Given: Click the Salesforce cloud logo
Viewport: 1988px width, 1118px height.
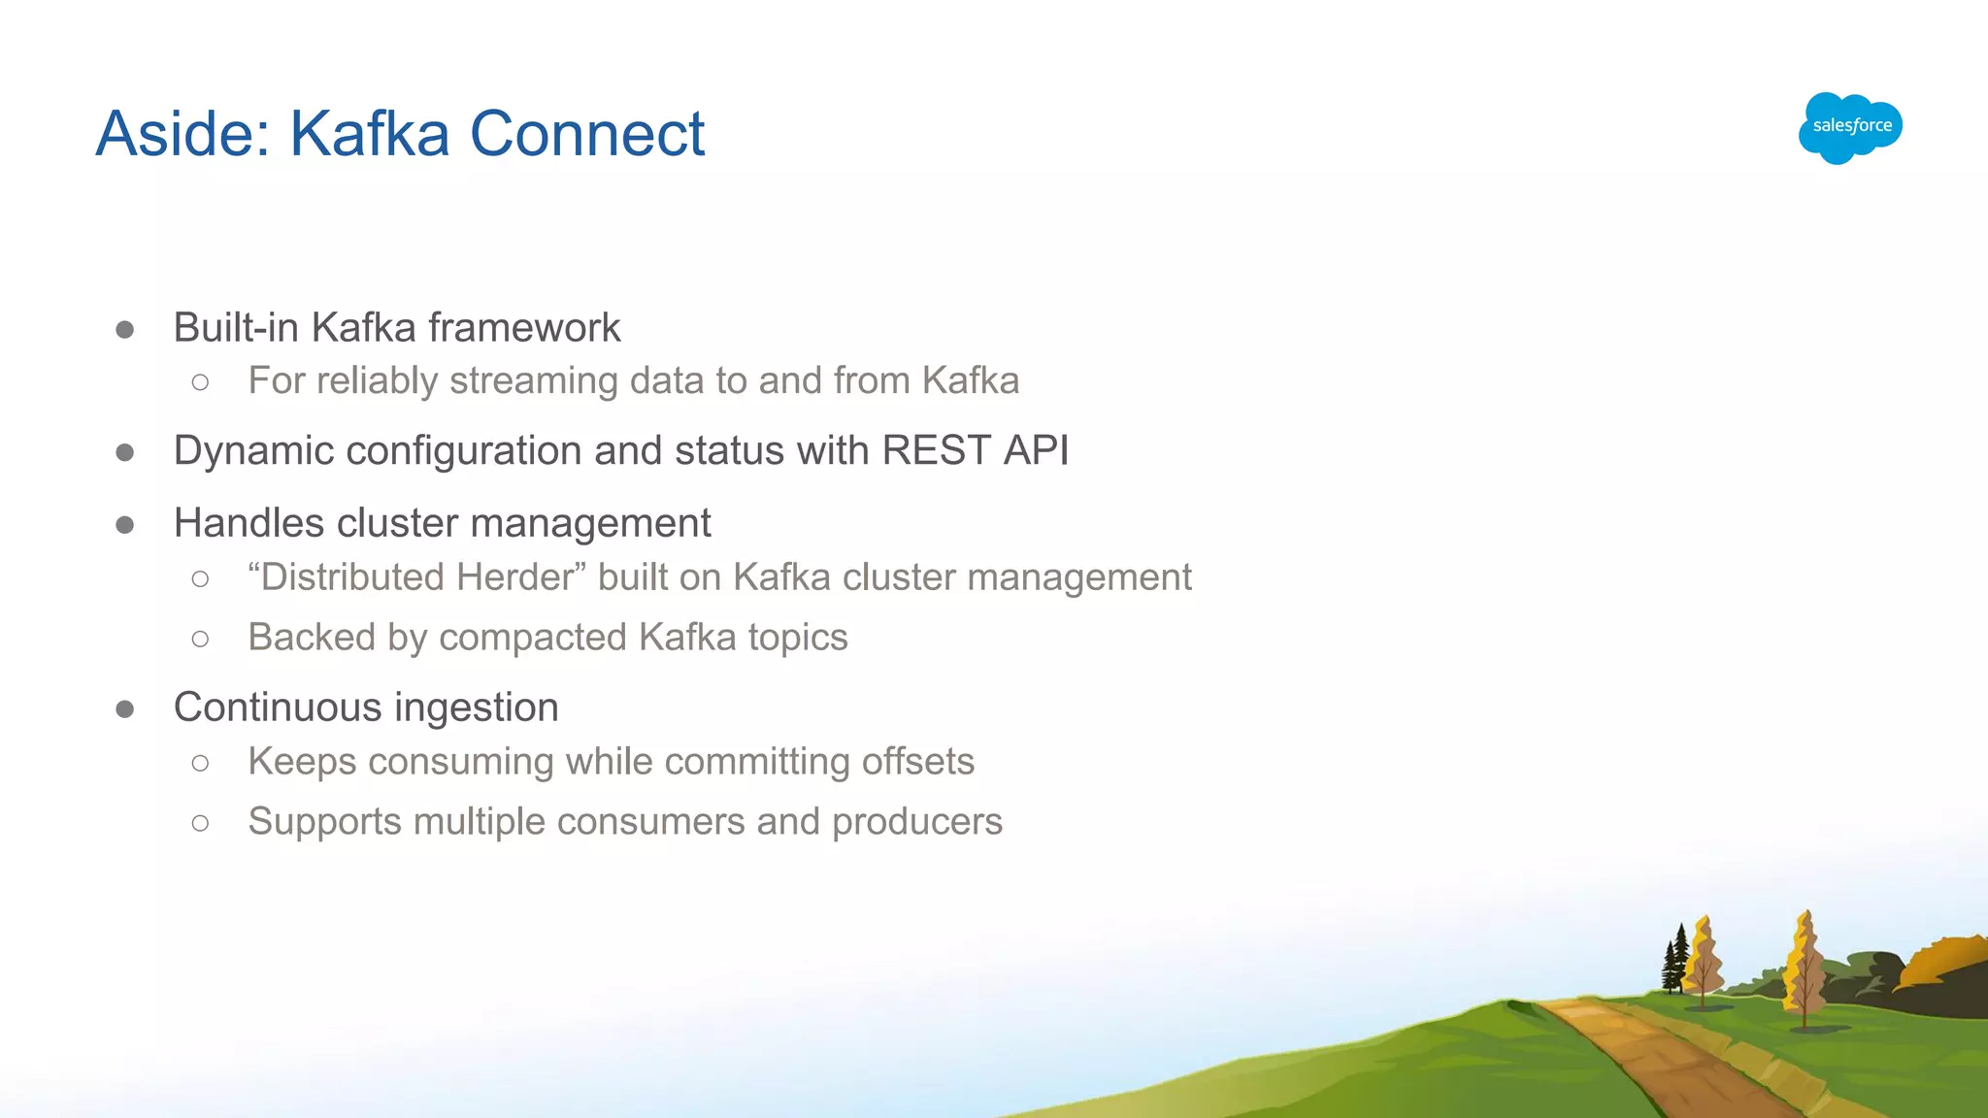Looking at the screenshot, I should click(1850, 127).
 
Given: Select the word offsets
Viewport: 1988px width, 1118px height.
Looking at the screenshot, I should click(917, 762).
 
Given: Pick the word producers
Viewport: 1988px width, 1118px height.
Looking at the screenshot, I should click(916, 822).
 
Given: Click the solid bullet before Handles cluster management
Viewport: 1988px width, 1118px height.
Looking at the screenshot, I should click(124, 525).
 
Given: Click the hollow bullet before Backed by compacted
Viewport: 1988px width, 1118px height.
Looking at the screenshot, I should click(200, 639).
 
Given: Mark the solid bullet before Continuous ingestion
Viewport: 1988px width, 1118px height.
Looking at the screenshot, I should click(124, 709).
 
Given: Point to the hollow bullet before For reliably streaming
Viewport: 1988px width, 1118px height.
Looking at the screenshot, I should click(200, 382).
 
